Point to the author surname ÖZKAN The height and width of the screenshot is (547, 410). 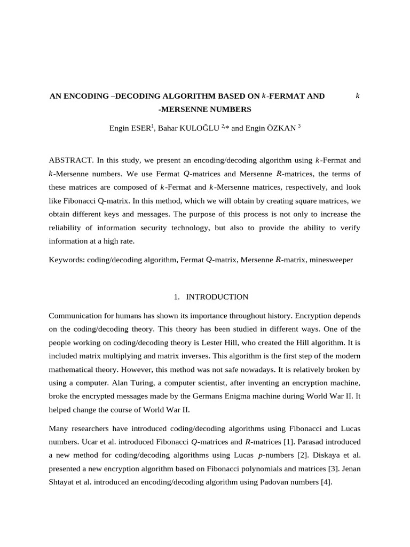(x=279, y=129)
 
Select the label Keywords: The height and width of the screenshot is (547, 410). (x=67, y=260)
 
